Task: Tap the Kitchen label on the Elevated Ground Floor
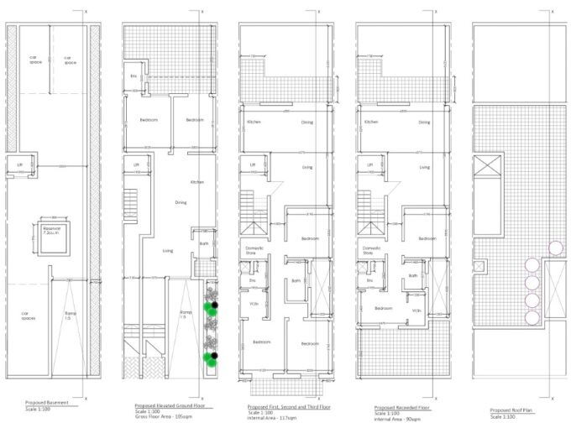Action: point(196,182)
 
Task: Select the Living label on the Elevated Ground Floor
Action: point(168,250)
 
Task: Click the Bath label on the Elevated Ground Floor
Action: point(203,244)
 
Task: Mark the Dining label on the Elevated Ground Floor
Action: point(181,203)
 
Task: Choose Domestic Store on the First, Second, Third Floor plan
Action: point(255,250)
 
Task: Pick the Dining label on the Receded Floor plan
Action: point(425,123)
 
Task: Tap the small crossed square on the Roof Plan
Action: point(479,268)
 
